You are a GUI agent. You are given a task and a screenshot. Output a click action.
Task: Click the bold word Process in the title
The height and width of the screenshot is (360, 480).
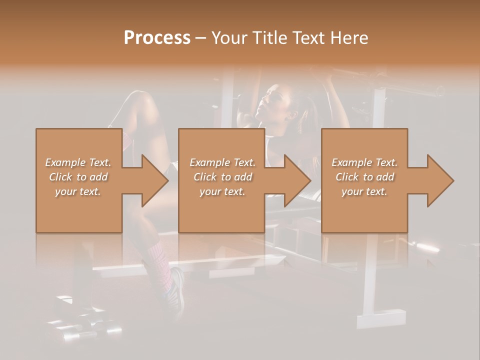(x=157, y=37)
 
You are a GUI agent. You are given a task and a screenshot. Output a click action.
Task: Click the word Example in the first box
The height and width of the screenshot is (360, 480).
(x=64, y=162)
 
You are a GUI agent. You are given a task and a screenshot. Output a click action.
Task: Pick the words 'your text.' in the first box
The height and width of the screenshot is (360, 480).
(x=78, y=191)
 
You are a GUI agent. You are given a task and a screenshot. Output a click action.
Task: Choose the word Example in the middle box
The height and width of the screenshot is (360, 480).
(x=209, y=162)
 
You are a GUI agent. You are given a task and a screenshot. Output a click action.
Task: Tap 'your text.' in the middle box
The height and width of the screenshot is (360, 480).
(x=222, y=191)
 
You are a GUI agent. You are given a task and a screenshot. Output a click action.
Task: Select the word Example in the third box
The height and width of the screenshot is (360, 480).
(x=351, y=162)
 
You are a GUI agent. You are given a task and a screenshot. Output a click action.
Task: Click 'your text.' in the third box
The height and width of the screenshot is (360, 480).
(x=364, y=191)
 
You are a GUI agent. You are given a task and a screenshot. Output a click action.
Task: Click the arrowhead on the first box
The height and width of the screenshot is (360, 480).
(x=152, y=180)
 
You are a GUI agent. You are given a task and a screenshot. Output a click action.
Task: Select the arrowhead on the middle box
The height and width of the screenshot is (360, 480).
(x=295, y=180)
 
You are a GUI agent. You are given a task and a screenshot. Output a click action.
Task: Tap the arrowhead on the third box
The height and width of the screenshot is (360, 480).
(x=438, y=180)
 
